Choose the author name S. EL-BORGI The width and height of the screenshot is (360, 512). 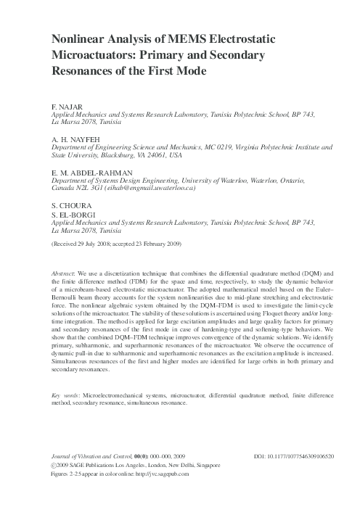pos(67,213)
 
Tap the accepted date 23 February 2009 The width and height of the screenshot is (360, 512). pos(160,244)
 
